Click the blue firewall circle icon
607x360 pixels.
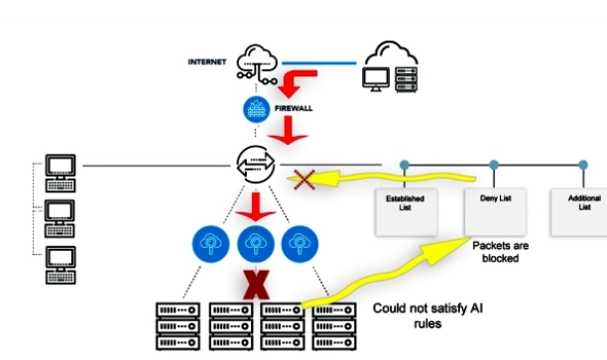(254, 108)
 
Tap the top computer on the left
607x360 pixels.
(61, 168)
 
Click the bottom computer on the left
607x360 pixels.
(61, 260)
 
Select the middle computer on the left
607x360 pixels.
(61, 214)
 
